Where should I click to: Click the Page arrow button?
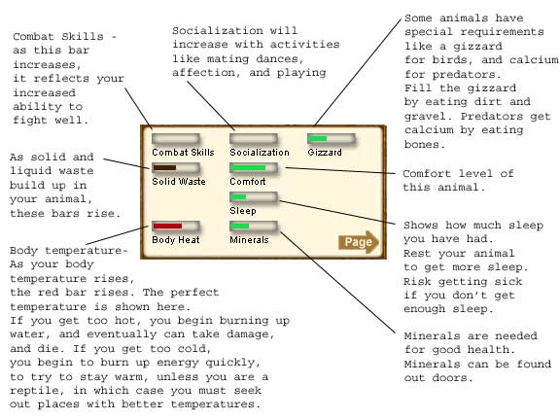(358, 242)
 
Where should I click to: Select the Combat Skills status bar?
(176, 139)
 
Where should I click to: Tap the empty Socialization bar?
(254, 139)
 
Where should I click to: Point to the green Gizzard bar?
(332, 139)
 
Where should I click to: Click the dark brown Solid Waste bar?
(176, 168)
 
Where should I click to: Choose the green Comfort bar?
(254, 168)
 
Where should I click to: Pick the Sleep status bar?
(254, 197)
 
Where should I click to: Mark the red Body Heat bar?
(176, 227)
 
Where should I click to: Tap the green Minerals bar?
(254, 227)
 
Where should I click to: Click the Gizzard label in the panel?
(325, 153)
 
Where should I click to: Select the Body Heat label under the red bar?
(176, 240)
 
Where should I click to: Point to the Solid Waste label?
(179, 182)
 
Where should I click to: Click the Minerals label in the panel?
(249, 240)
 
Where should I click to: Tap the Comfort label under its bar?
(248, 182)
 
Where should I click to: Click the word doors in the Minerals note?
(452, 378)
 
